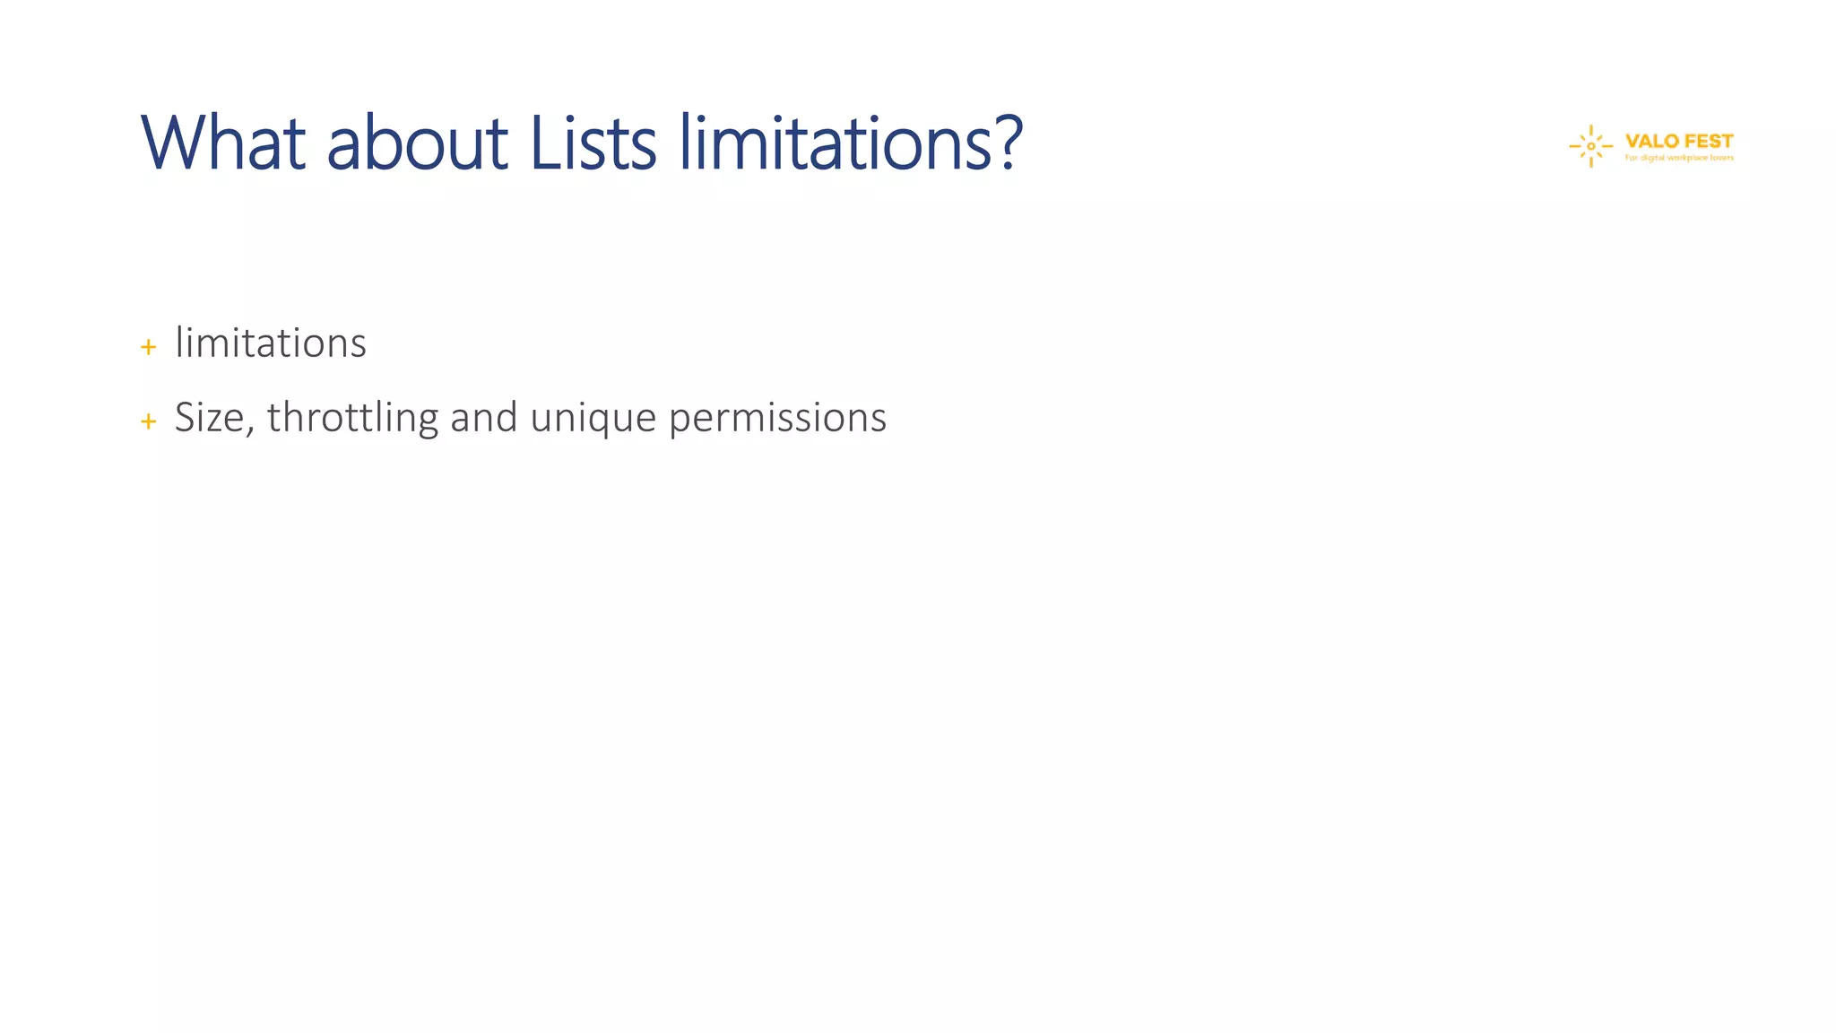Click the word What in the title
pos(223,143)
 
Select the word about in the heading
pos(418,143)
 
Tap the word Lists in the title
pos(593,143)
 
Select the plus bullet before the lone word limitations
pos(149,347)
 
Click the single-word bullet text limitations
pos(271,343)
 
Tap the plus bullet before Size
pos(149,421)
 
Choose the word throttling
pos(352,418)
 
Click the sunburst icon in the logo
pos(1591,146)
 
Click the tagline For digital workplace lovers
pos(1679,159)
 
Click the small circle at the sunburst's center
pos(1591,146)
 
